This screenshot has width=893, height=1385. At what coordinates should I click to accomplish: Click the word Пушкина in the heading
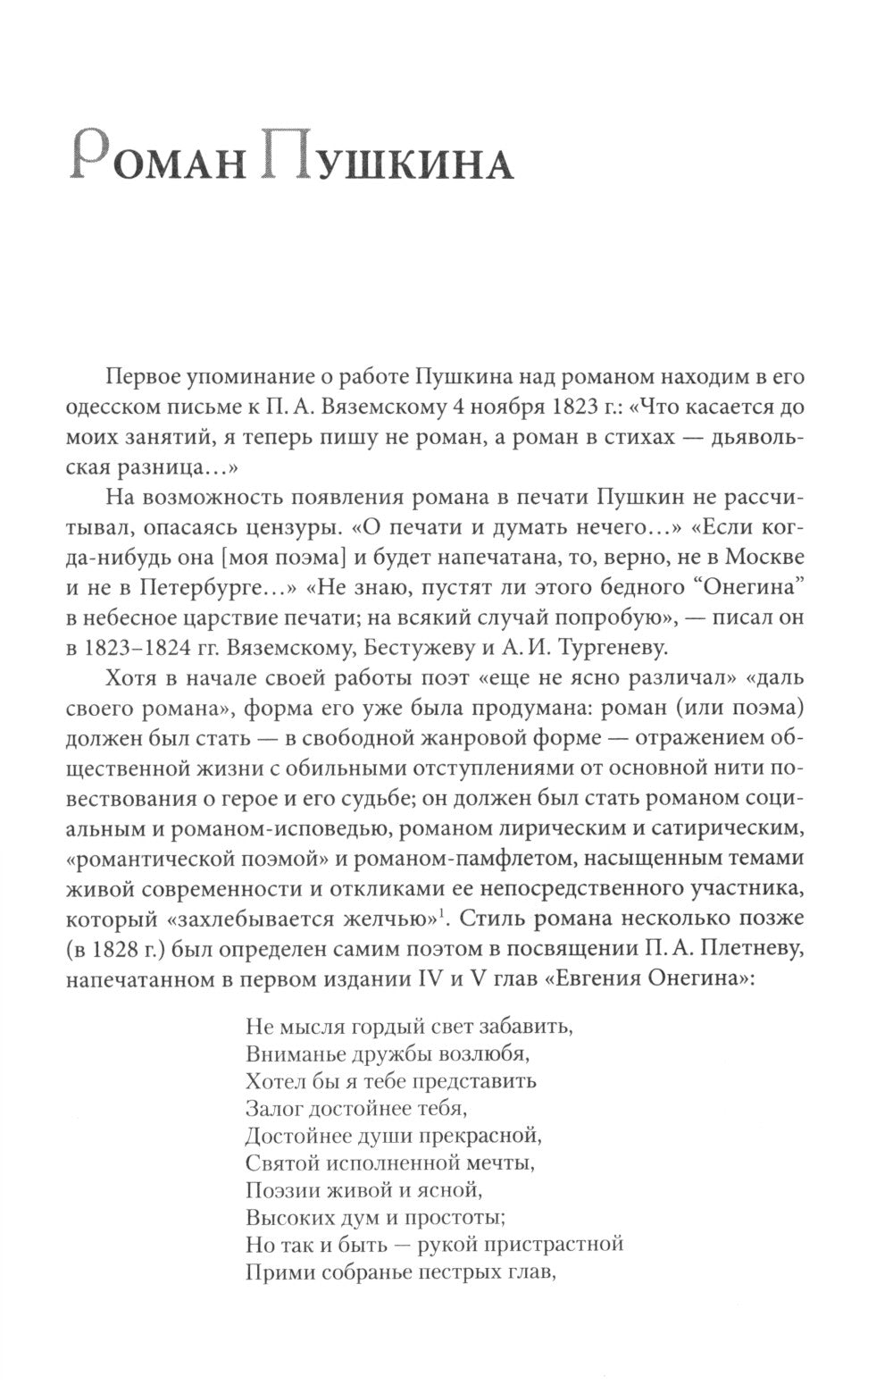tap(393, 163)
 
